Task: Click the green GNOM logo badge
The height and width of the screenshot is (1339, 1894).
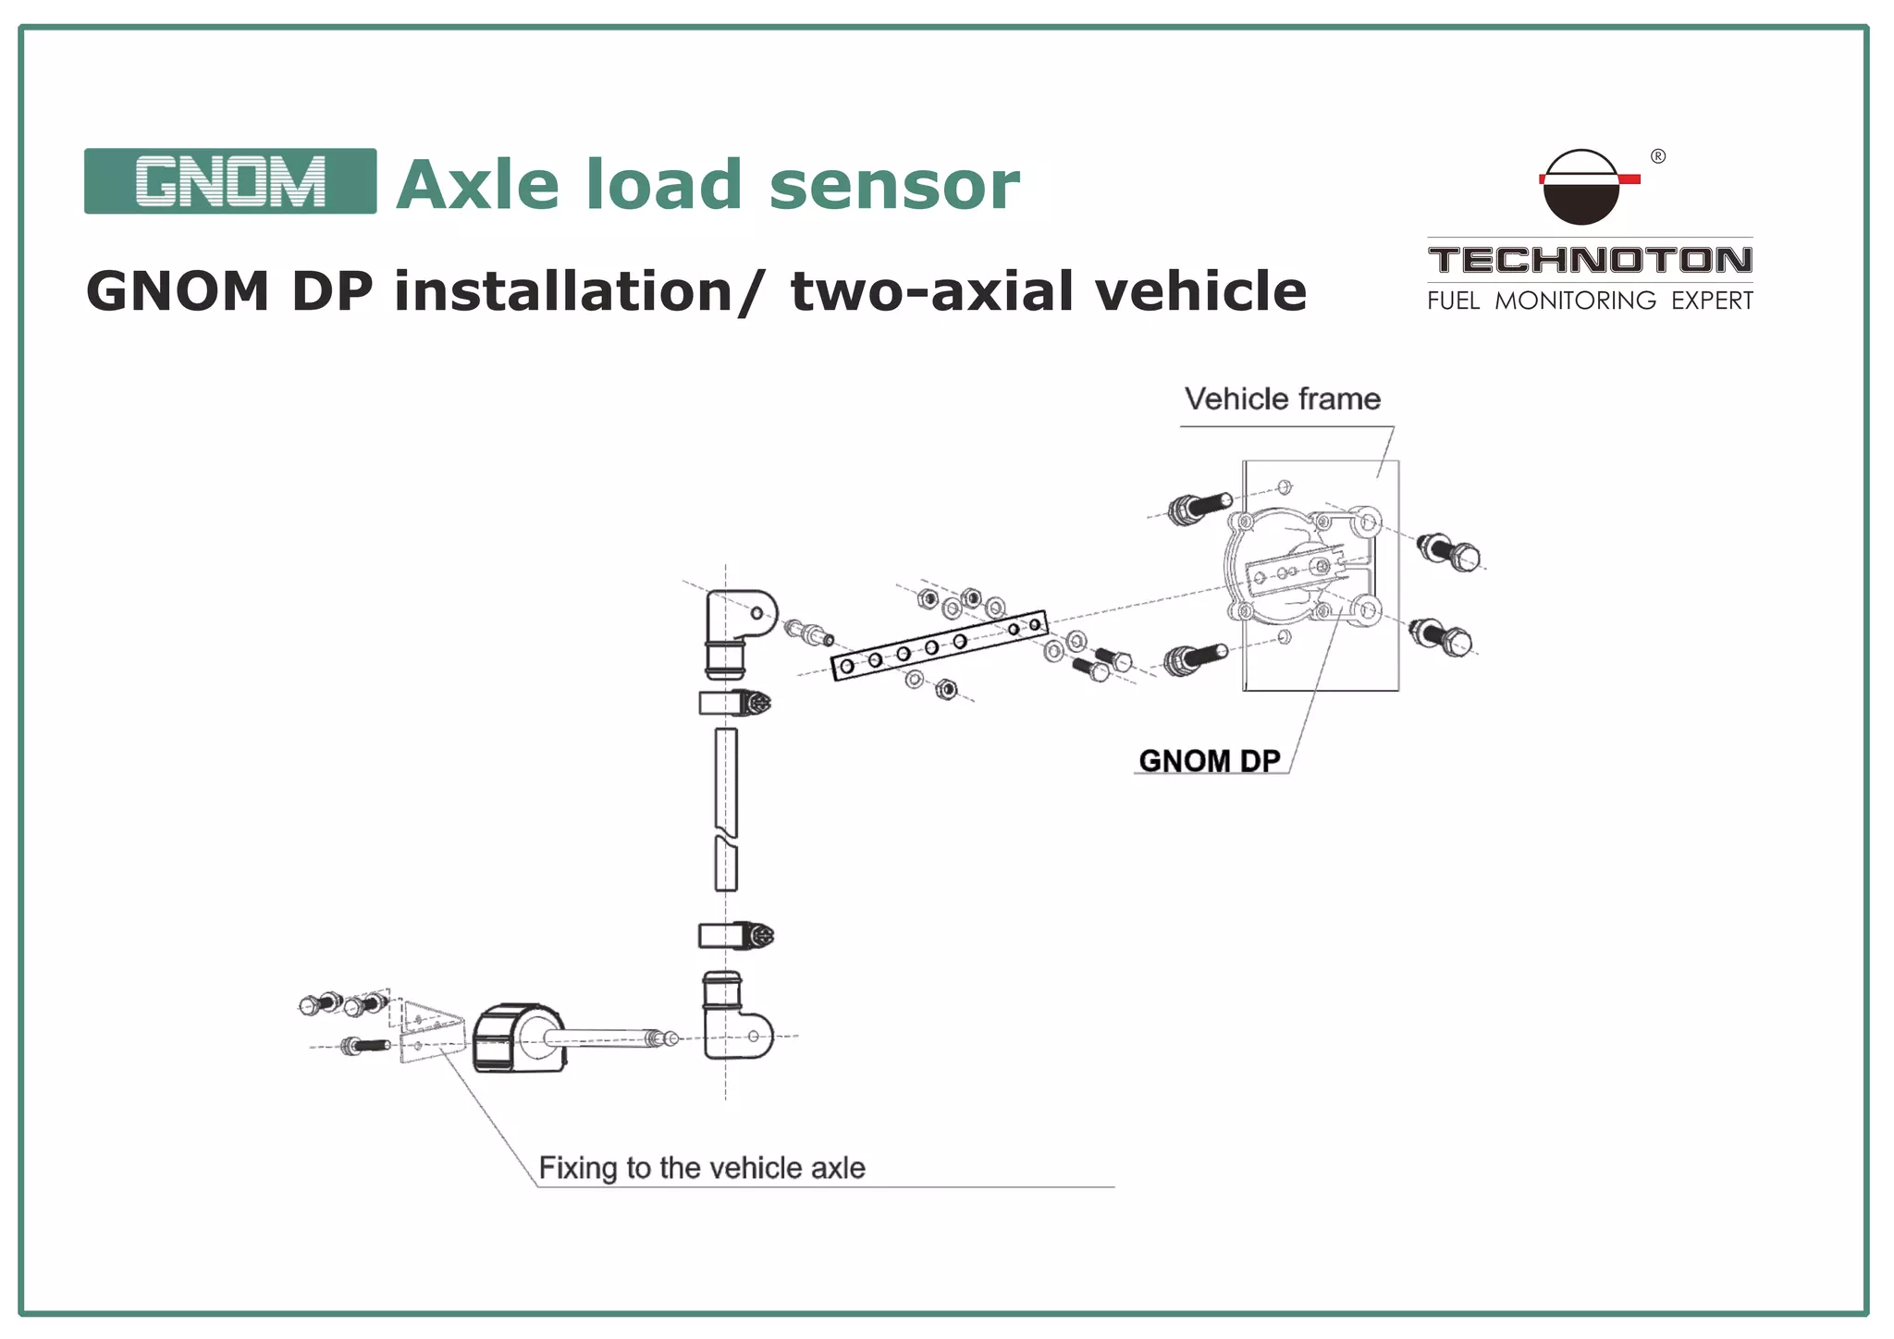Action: (x=229, y=181)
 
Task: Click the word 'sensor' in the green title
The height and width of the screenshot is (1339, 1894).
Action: (x=893, y=185)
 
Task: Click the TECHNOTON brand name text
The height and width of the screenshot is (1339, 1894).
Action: (x=1590, y=260)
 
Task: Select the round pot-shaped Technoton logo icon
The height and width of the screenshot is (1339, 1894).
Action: (x=1582, y=188)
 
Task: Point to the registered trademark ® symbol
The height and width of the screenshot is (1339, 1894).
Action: (x=1658, y=156)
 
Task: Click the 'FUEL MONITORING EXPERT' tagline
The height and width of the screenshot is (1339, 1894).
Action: (x=1590, y=301)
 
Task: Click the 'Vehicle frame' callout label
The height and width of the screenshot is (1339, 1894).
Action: (x=1283, y=399)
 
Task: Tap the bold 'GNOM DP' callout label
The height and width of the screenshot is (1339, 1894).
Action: (x=1210, y=761)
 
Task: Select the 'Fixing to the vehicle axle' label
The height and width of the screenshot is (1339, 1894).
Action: (x=702, y=1168)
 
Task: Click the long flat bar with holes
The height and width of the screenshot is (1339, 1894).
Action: (x=939, y=645)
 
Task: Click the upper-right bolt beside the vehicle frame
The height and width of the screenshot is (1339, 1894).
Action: (x=1449, y=552)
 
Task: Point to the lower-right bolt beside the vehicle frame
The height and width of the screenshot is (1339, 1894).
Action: (x=1441, y=637)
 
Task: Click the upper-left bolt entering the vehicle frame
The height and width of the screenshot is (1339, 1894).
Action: (x=1198, y=507)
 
